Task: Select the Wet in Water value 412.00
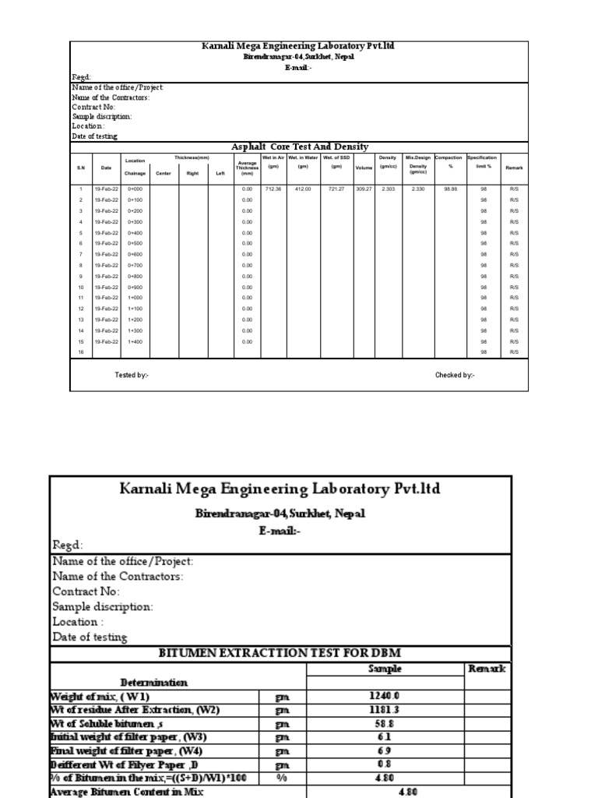tap(303, 189)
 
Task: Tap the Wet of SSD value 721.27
tap(336, 189)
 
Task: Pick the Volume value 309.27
tap(364, 189)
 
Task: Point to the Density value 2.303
tap(389, 189)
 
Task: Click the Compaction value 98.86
tap(450, 189)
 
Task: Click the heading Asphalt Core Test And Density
tap(300, 147)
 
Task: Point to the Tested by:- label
tap(132, 375)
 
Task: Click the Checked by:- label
tap(455, 375)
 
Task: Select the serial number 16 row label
tap(80, 352)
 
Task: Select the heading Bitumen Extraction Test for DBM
tap(280, 653)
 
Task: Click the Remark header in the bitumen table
tap(487, 669)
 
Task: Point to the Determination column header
tap(153, 683)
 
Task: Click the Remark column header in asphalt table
tap(514, 168)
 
